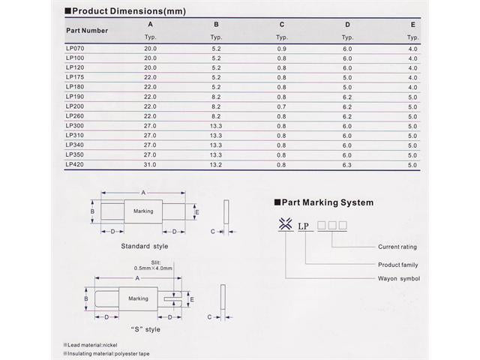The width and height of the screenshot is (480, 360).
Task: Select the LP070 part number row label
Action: [x=75, y=48]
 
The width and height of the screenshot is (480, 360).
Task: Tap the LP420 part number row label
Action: [x=75, y=164]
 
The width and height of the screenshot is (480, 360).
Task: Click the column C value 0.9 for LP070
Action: [x=281, y=48]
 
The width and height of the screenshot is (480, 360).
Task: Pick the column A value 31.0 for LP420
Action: [x=150, y=164]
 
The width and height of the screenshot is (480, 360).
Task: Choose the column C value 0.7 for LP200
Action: [x=281, y=106]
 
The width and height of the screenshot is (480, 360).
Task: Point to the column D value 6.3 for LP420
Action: [x=347, y=164]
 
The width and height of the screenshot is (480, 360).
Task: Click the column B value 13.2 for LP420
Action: [x=216, y=164]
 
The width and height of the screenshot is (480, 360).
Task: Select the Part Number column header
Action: [x=86, y=31]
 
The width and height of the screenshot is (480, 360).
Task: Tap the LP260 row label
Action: [x=75, y=116]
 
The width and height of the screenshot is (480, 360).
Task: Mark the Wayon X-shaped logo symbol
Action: [x=284, y=224]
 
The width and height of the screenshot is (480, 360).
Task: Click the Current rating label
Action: [x=397, y=247]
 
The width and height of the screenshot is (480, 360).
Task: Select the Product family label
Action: [x=398, y=265]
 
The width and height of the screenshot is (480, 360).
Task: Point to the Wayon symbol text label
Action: [x=398, y=279]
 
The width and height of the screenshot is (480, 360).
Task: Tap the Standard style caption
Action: [x=145, y=246]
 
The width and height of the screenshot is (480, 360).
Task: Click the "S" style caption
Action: [x=145, y=329]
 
